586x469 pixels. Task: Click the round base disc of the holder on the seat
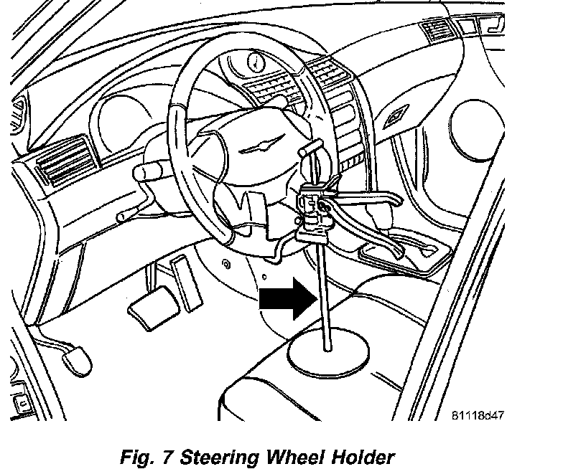(330, 357)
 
